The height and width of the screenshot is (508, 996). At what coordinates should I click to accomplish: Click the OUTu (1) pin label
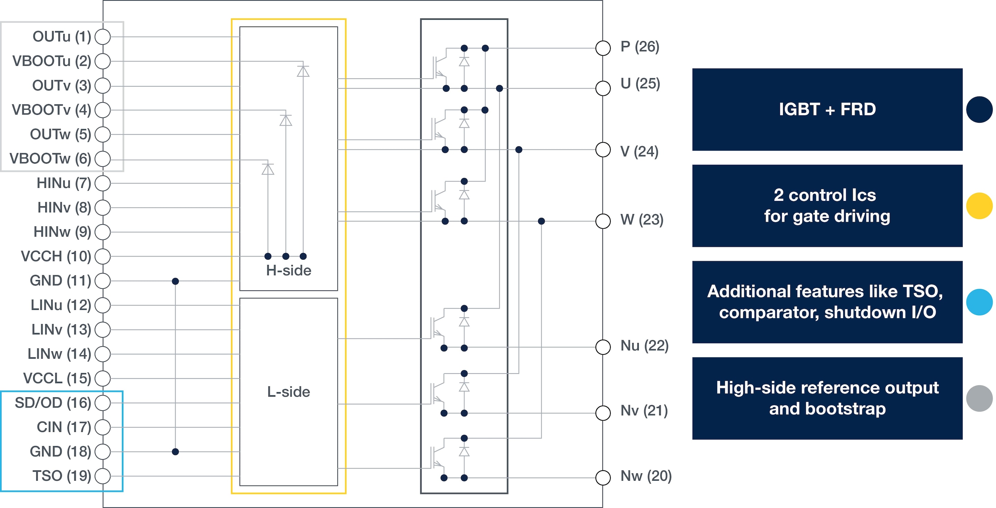coord(62,37)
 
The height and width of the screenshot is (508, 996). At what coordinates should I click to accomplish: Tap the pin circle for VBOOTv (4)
coord(103,110)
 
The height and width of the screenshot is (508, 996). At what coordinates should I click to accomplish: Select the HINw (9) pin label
coord(62,232)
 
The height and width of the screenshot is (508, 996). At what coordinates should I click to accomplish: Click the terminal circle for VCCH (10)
coord(103,256)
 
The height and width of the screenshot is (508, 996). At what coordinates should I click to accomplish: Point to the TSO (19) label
coord(62,476)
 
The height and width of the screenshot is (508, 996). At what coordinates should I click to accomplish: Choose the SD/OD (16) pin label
coord(53,403)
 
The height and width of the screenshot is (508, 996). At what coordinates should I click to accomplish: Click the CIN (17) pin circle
coord(103,427)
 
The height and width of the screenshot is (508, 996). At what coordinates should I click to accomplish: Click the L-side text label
coord(288,392)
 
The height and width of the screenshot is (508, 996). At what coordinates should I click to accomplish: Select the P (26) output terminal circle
coord(603,48)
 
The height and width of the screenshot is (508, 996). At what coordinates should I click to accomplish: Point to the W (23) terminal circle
coord(603,221)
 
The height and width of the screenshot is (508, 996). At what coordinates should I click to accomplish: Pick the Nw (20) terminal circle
coord(603,478)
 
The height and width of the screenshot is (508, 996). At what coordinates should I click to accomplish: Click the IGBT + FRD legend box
coord(828,109)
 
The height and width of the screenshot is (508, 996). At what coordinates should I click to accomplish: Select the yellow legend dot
coord(979,206)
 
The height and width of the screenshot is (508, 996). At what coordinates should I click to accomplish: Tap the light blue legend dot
coord(979,302)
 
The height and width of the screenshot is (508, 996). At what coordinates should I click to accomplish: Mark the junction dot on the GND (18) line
coord(176,452)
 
